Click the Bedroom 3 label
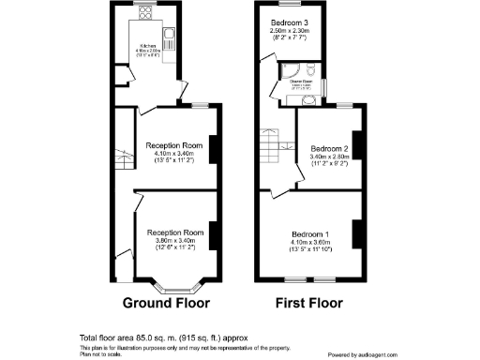pos(290,21)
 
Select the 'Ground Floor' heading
pos(166,304)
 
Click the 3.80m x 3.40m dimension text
pos(174,240)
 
